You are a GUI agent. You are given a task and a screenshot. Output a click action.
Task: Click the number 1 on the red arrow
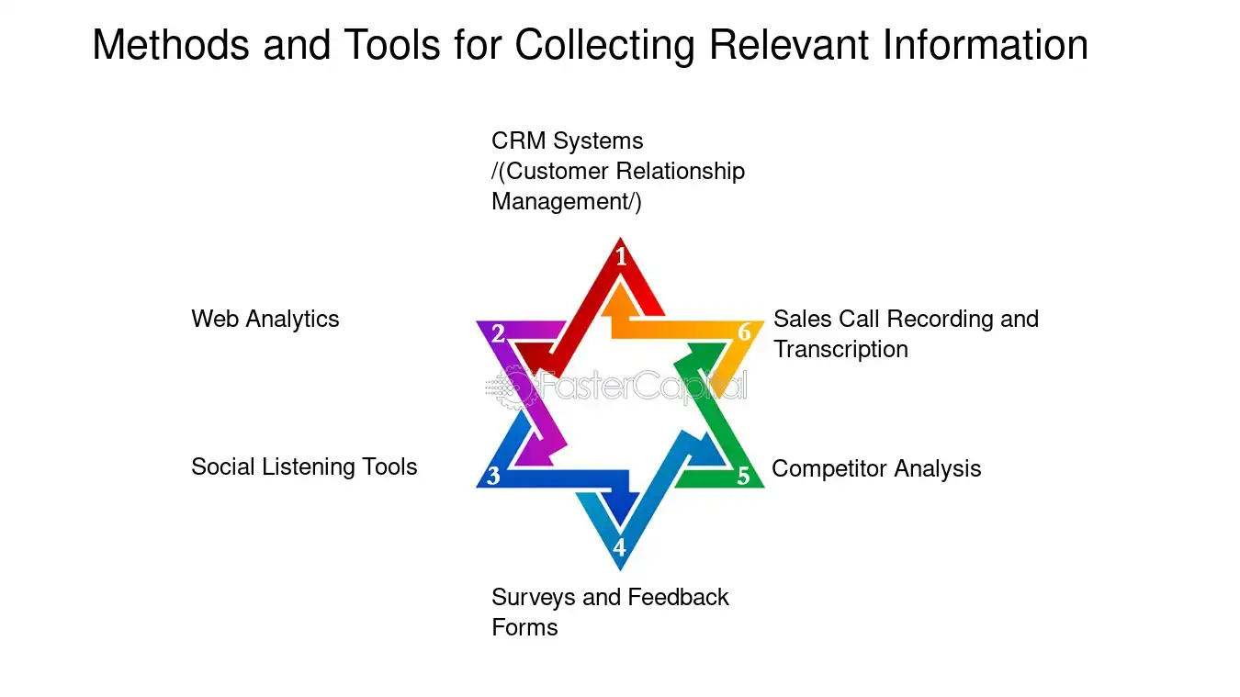pyautogui.click(x=621, y=256)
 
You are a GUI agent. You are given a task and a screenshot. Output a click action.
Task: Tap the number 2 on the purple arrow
pyautogui.click(x=498, y=333)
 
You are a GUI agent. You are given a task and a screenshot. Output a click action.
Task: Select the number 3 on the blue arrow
pyautogui.click(x=493, y=476)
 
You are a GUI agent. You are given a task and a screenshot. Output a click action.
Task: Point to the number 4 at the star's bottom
pyautogui.click(x=619, y=547)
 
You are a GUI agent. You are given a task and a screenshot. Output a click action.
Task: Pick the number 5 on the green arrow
pyautogui.click(x=743, y=476)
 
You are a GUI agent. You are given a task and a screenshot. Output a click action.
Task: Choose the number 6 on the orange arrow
pyautogui.click(x=745, y=332)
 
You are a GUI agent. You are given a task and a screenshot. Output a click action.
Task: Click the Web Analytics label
pyautogui.click(x=265, y=319)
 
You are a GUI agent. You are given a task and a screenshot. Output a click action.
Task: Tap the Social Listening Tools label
pyautogui.click(x=304, y=467)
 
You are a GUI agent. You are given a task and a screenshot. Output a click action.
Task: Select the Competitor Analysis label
pyautogui.click(x=876, y=469)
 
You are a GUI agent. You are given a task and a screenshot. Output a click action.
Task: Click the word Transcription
pyautogui.click(x=840, y=349)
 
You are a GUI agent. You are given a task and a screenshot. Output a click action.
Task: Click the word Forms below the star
pyautogui.click(x=524, y=628)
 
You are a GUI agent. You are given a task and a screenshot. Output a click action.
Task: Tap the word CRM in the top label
pyautogui.click(x=519, y=141)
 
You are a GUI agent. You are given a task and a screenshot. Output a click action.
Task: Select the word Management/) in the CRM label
pyautogui.click(x=567, y=202)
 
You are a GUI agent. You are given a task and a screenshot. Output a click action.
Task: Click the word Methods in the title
pyautogui.click(x=171, y=44)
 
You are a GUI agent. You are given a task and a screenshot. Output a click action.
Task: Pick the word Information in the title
pyautogui.click(x=986, y=44)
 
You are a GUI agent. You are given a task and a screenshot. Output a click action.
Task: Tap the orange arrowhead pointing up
pyautogui.click(x=620, y=299)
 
